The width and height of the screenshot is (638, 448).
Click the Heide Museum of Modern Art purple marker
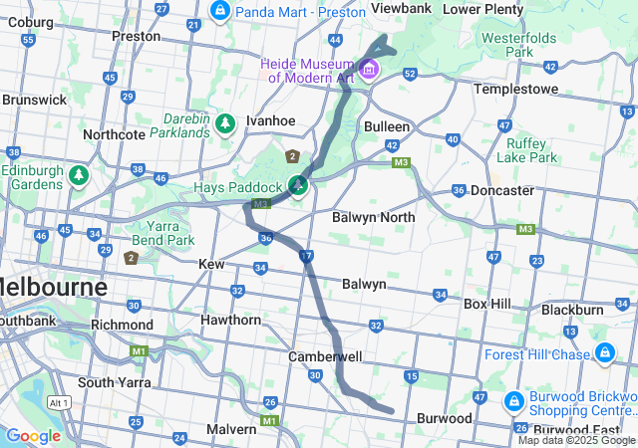(370, 70)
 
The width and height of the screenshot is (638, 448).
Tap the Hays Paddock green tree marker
(298, 185)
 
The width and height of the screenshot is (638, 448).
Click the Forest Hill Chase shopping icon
(604, 353)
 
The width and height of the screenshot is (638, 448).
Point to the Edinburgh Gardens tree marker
(79, 176)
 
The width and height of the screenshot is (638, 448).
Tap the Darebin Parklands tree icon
(226, 122)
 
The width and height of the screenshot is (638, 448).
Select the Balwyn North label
(373, 216)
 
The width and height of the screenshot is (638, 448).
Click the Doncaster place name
(501, 189)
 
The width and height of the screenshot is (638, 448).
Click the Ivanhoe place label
(271, 120)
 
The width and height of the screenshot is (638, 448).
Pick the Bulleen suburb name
(386, 126)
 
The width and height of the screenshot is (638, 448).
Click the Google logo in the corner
(33, 435)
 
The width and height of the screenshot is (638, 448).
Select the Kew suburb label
(211, 264)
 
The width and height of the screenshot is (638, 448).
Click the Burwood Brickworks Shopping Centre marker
(513, 401)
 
